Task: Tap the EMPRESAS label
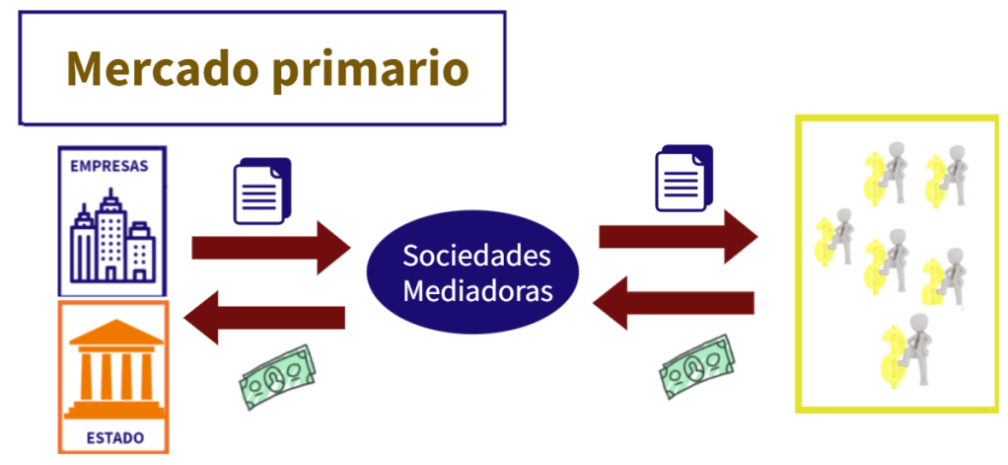click(108, 166)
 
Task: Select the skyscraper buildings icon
click(112, 240)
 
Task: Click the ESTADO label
click(113, 436)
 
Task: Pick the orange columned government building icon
click(112, 364)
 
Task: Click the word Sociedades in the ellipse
click(476, 256)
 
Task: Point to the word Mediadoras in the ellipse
click(477, 292)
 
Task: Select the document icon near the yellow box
click(684, 178)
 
